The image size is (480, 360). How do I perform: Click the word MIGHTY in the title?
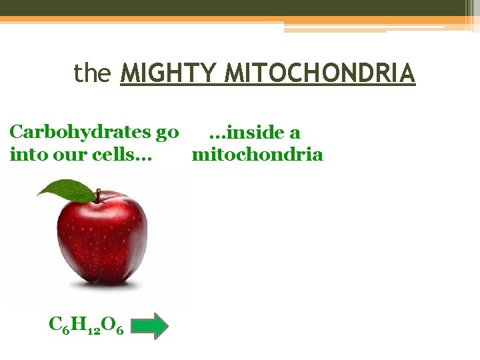pos(170,73)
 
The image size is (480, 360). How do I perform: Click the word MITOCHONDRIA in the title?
pos(320,73)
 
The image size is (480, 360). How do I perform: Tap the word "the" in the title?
pos(91,73)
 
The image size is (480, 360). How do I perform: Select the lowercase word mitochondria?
pos(257,155)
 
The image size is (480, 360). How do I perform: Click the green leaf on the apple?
pos(66,190)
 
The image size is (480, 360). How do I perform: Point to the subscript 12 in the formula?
pos(93,330)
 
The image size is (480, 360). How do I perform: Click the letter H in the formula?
pos(79,324)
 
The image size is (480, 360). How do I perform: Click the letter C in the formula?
pos(56,324)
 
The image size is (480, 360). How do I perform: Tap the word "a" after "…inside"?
pos(294,133)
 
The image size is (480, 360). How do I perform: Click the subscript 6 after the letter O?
pos(119,330)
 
